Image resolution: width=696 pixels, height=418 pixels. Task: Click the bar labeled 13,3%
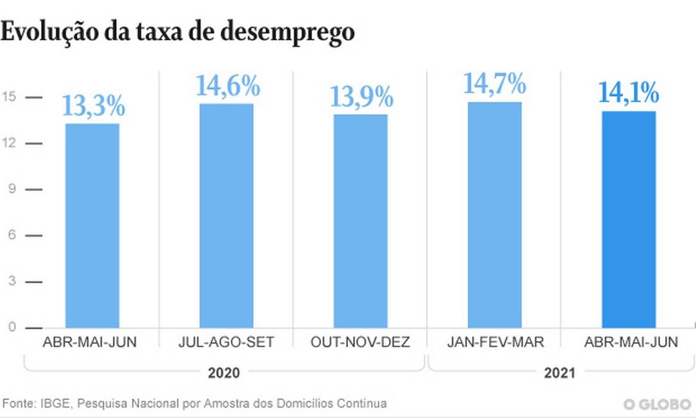[x=92, y=226]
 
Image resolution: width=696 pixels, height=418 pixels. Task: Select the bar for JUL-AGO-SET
[x=226, y=216]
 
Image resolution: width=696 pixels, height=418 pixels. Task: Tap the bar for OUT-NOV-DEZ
[x=360, y=221]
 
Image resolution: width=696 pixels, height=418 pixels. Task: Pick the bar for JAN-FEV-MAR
[x=494, y=215]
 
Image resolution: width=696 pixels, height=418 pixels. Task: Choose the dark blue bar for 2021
[x=629, y=220]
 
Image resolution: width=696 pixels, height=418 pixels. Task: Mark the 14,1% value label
[x=629, y=94]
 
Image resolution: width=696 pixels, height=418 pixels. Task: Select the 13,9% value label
[x=361, y=97]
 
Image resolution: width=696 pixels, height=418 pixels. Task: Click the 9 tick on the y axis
[x=11, y=190]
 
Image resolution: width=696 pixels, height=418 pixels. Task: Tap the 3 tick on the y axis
[x=11, y=281]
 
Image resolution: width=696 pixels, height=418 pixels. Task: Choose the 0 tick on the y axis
[x=11, y=328]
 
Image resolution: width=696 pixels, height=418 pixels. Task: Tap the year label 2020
[x=224, y=372]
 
